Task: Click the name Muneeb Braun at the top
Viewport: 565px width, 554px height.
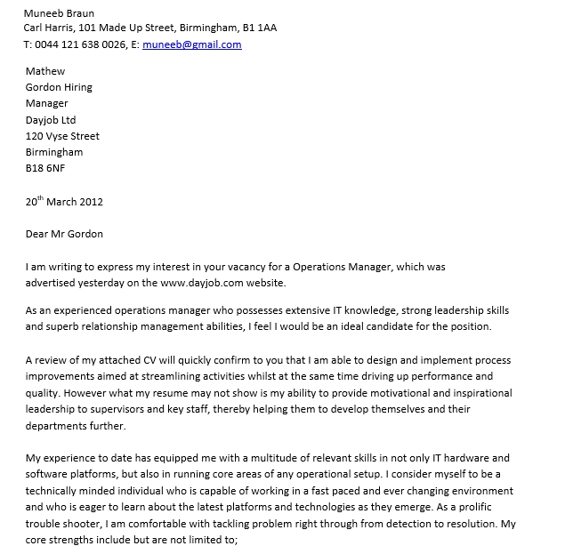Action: (x=59, y=13)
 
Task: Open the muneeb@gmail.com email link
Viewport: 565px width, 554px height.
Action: (x=191, y=44)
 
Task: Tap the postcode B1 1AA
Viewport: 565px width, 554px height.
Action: (x=259, y=28)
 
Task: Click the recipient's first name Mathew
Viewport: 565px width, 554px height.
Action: (x=45, y=71)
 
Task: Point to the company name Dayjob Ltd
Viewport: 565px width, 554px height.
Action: (x=51, y=119)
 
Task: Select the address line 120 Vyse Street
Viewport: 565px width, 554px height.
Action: (x=62, y=136)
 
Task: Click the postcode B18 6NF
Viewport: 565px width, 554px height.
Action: (x=45, y=167)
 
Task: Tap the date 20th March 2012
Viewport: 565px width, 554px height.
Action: (x=64, y=201)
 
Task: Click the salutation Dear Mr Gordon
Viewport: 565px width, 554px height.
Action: (x=64, y=234)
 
